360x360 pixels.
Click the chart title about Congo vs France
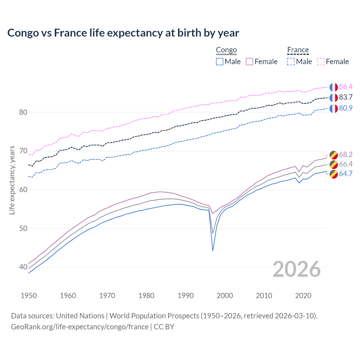tap(123, 33)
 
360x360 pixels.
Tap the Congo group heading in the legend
tap(226, 50)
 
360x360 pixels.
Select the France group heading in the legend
tap(298, 50)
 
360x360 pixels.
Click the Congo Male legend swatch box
tap(220, 62)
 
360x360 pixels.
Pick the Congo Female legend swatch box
tap(249, 62)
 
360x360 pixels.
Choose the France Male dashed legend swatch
tap(291, 62)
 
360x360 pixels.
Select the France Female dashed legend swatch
tap(321, 62)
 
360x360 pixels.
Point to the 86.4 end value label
tap(346, 87)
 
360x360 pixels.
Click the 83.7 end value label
tap(346, 97)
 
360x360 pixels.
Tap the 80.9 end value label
tap(346, 108)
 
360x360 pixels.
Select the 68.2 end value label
tap(346, 154)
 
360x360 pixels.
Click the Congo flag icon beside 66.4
tap(334, 164)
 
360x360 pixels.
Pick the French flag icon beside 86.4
tap(334, 87)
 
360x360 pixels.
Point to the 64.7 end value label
tap(346, 174)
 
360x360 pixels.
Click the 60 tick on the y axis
tap(23, 190)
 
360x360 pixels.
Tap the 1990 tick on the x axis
tap(186, 296)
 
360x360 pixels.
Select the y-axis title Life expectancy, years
tap(12, 180)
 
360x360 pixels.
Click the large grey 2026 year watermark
tap(296, 269)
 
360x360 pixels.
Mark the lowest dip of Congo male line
tap(213, 251)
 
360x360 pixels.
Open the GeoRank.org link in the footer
tap(80, 327)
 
